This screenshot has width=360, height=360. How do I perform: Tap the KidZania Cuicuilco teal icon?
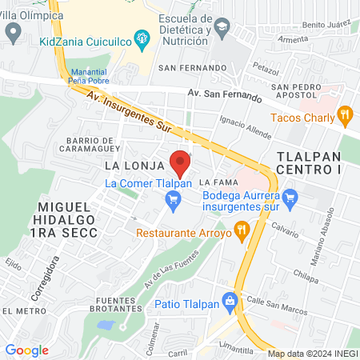[142, 37]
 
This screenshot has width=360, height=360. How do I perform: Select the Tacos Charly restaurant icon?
[346, 115]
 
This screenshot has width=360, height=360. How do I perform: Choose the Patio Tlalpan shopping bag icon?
[231, 302]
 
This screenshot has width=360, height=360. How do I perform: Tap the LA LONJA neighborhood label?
[134, 166]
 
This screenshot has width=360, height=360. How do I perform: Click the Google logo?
[26, 350]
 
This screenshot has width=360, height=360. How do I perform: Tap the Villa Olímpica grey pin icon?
[13, 33]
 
